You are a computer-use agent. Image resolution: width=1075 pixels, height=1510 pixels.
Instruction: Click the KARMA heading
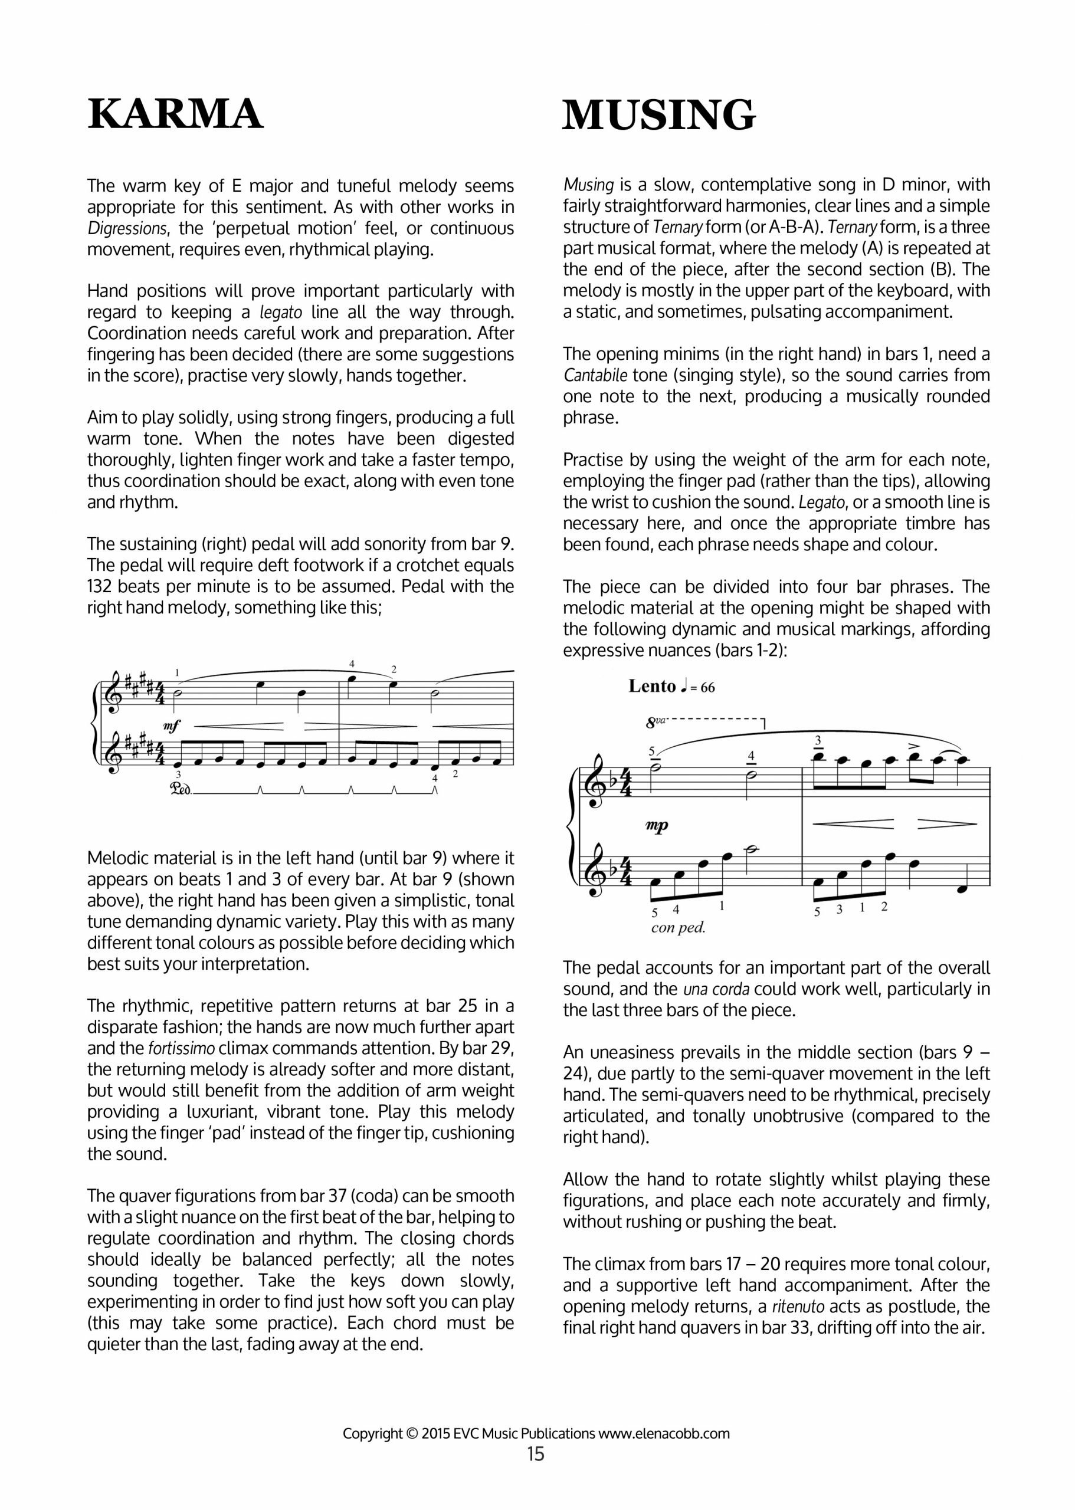[175, 114]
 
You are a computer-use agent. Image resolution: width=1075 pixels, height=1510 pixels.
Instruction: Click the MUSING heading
[658, 116]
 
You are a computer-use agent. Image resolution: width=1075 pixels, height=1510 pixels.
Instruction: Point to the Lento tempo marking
[652, 686]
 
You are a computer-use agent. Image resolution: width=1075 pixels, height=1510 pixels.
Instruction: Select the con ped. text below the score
[678, 928]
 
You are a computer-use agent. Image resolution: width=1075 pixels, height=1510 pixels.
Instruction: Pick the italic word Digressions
[125, 229]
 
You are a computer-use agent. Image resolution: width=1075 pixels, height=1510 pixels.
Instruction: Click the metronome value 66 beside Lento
[707, 688]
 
